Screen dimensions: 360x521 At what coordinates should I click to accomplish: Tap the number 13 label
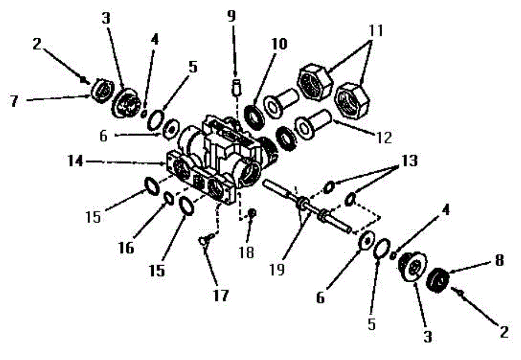pyautogui.click(x=407, y=161)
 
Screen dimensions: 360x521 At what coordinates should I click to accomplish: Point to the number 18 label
pyautogui.click(x=246, y=252)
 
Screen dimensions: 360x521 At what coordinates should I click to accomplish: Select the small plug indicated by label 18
pyautogui.click(x=251, y=212)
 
